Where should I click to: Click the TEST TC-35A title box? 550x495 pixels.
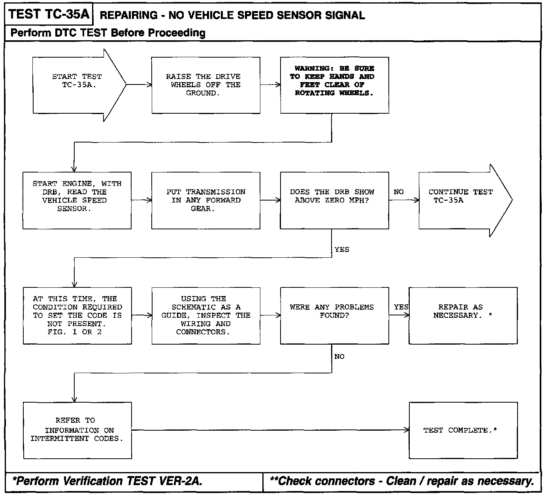point(49,15)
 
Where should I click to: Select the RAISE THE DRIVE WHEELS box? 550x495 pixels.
point(205,85)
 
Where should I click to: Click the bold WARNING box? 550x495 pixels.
point(334,85)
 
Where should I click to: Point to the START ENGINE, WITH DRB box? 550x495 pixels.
point(77,200)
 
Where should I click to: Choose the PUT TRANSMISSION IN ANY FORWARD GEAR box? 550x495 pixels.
point(205,200)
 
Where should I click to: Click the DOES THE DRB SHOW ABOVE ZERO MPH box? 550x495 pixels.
point(334,200)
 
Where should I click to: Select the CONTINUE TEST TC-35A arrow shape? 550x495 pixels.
point(460,200)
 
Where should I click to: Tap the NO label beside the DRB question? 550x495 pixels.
point(399,192)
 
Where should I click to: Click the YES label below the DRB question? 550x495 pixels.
point(342,249)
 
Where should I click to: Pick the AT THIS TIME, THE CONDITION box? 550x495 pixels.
point(77,315)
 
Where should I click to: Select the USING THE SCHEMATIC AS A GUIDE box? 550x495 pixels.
point(205,315)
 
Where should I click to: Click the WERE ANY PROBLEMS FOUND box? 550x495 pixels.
point(334,315)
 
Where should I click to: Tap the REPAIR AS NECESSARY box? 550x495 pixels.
point(463,315)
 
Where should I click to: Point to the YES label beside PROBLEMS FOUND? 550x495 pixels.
point(401,307)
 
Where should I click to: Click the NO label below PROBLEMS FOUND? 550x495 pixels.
point(339,356)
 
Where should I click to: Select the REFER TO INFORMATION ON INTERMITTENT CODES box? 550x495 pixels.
point(77,430)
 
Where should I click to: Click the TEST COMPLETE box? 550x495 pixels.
point(463,430)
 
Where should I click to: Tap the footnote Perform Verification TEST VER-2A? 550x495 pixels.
point(107,481)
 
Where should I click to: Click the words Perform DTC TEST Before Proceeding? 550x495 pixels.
point(108,33)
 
